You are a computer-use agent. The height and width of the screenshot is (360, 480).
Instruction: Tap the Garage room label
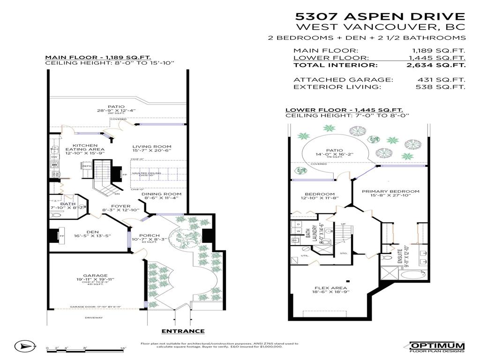[96, 276]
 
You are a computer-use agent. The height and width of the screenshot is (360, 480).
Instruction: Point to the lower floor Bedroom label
[320, 194]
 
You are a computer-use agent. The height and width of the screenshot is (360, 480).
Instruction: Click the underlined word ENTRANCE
[183, 331]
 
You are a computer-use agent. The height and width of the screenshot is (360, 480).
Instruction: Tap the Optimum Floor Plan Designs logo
[436, 347]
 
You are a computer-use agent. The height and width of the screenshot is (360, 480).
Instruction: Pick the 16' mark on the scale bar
[123, 348]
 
